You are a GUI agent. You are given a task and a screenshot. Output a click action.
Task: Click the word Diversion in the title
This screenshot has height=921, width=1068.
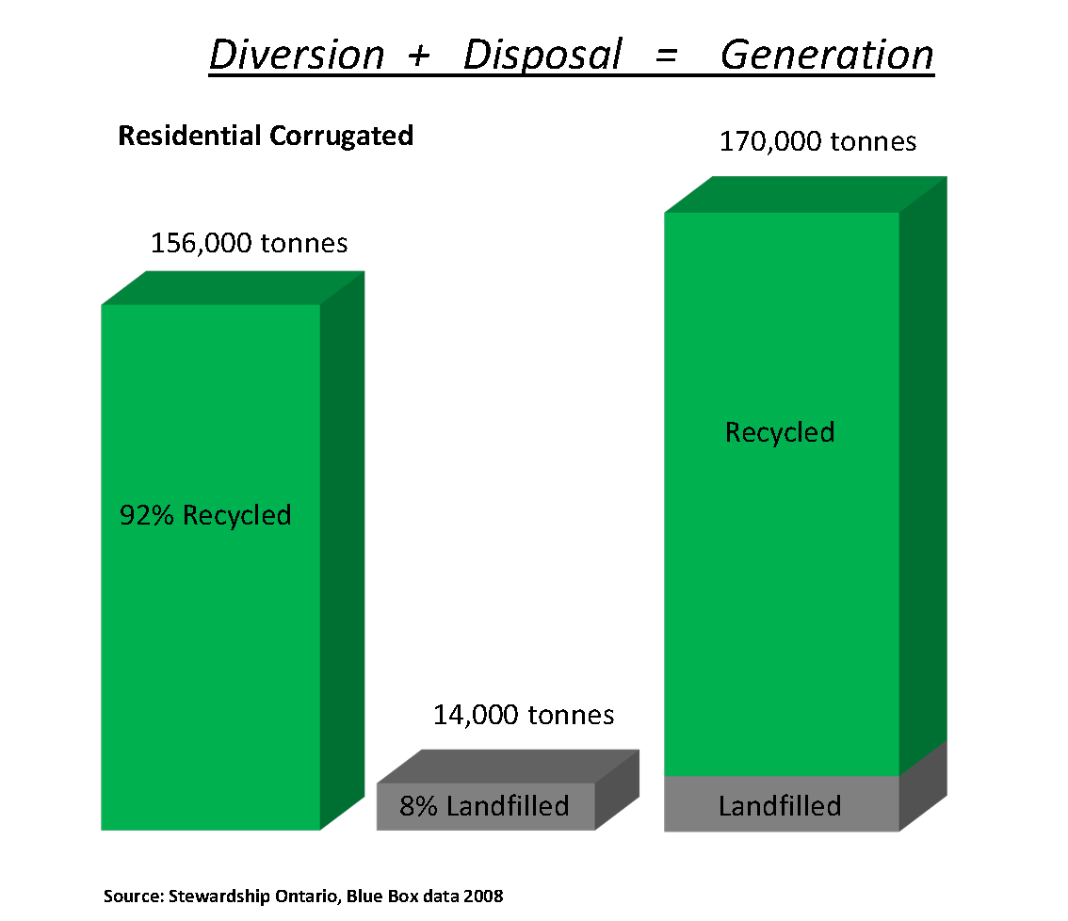click(297, 55)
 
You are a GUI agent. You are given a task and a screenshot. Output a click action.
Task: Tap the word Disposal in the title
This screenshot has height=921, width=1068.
click(542, 55)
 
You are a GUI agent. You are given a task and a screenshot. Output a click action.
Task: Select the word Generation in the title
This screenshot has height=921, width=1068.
click(827, 55)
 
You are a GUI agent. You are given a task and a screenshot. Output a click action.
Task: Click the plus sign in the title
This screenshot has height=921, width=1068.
click(419, 56)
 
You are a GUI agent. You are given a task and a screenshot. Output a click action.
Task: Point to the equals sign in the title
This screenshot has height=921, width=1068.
click(666, 56)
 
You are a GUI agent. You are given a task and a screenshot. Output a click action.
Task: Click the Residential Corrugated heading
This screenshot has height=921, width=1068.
click(266, 136)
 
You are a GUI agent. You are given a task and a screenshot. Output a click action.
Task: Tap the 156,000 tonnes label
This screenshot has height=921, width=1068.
click(249, 243)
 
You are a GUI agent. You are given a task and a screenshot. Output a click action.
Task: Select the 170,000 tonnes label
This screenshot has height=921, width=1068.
click(818, 141)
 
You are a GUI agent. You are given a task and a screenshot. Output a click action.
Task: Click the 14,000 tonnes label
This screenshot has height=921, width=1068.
click(524, 716)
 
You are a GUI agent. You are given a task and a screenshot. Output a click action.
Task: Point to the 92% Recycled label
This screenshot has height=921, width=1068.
click(205, 515)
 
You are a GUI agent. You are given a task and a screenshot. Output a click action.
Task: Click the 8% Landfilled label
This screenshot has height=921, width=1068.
click(484, 806)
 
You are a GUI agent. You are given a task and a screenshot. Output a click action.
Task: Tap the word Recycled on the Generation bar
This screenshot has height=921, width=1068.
click(780, 432)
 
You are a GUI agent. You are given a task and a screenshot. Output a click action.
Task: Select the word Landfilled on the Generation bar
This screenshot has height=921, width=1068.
click(780, 806)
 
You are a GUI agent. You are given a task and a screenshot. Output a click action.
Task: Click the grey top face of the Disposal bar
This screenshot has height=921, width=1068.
click(509, 767)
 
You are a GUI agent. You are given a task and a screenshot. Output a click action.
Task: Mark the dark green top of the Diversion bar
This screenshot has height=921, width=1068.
click(233, 288)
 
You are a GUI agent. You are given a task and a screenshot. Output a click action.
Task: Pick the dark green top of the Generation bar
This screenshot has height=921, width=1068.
click(806, 195)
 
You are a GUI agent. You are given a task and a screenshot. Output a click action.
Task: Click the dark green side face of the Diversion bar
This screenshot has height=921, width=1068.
click(343, 550)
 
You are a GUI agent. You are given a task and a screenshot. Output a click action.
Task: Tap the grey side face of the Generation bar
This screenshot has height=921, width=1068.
click(923, 786)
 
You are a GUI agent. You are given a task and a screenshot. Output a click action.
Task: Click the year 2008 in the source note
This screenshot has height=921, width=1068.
click(483, 896)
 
